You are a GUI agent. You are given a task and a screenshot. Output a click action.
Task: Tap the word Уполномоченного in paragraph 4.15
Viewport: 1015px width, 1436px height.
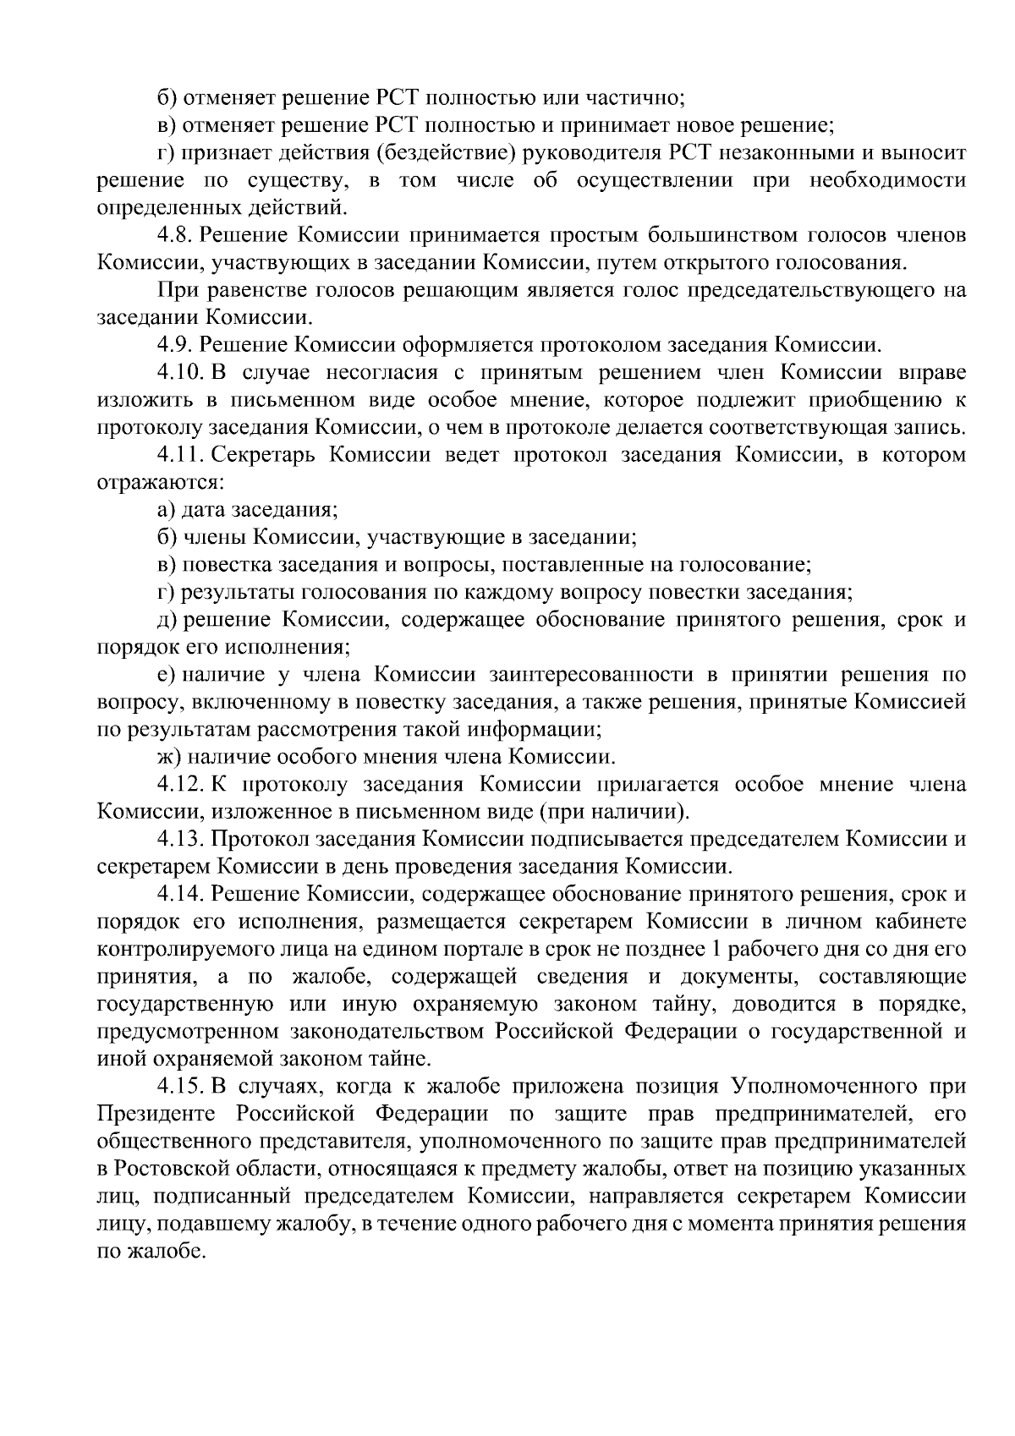pyautogui.click(x=824, y=1087)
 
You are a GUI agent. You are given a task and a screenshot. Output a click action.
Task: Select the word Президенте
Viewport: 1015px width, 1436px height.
pyautogui.click(x=158, y=1115)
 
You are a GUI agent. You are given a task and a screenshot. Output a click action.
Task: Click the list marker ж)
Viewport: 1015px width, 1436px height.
pyautogui.click(x=170, y=758)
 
